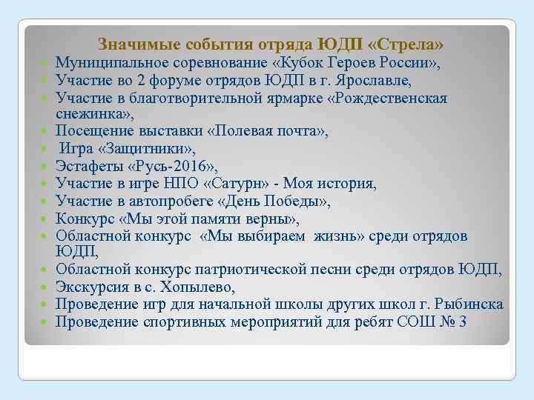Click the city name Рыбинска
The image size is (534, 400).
pyautogui.click(x=468, y=304)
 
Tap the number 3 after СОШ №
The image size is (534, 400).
pyautogui.click(x=462, y=321)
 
